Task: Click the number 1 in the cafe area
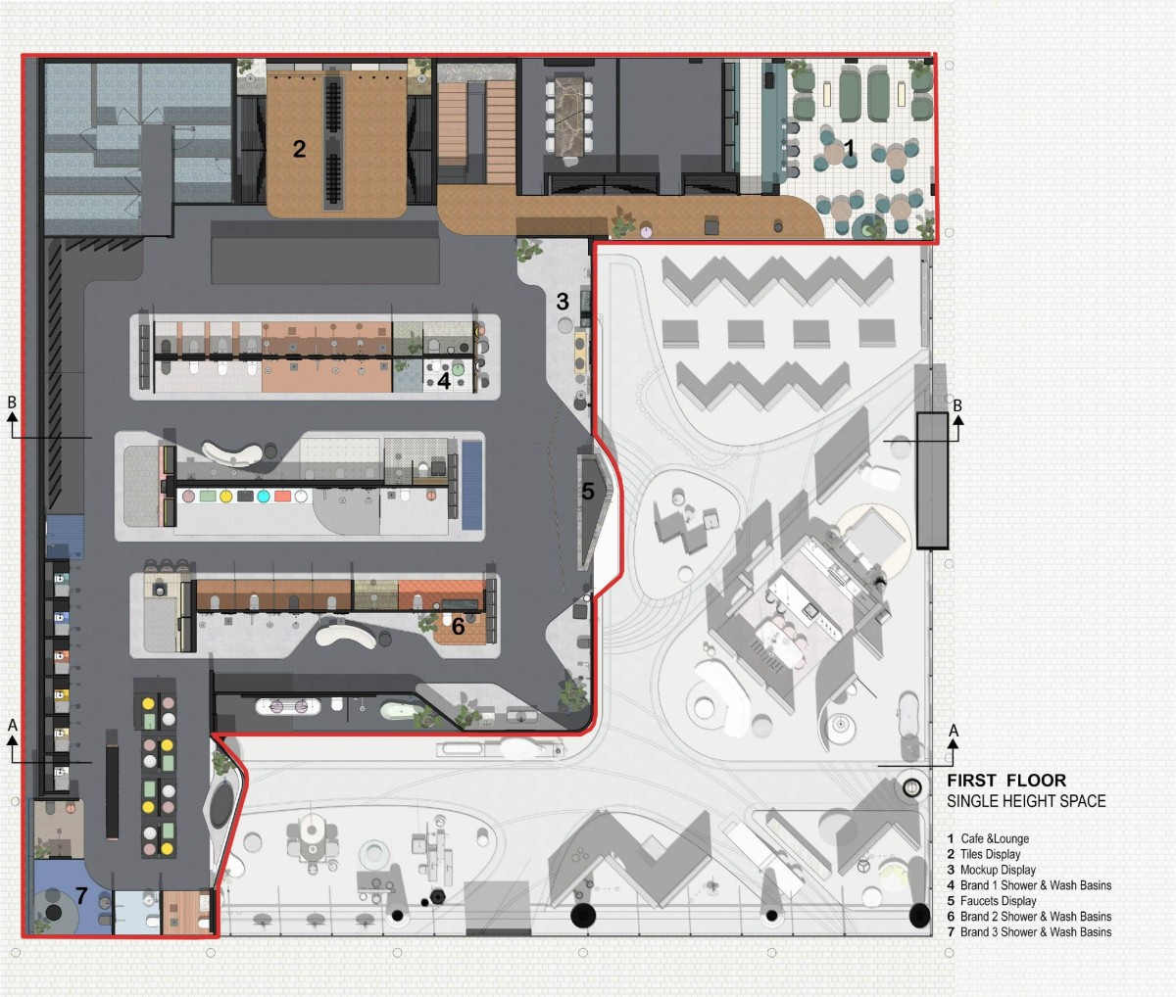click(849, 148)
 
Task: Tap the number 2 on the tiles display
click(299, 149)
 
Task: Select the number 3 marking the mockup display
click(563, 302)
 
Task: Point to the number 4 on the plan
click(444, 381)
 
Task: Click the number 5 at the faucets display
click(588, 492)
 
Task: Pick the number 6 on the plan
click(458, 626)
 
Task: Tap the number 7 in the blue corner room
click(81, 896)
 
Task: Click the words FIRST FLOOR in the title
click(1006, 781)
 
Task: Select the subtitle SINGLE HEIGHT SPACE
click(1026, 801)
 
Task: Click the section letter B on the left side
click(12, 403)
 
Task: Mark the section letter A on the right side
click(955, 731)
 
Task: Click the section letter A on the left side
click(13, 725)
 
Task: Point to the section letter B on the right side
click(957, 405)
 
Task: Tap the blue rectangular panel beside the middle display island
click(472, 485)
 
